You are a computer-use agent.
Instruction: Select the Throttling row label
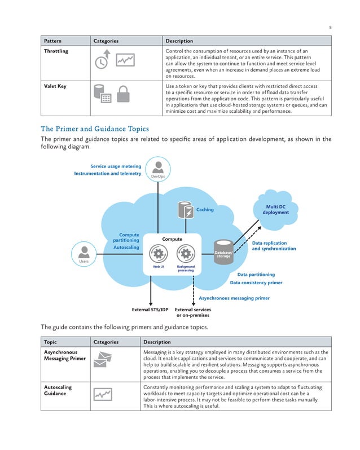56,51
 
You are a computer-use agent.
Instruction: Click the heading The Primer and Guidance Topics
95,129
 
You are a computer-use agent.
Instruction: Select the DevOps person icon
159,167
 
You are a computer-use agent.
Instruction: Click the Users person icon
84,251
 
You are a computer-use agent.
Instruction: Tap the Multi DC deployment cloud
275,209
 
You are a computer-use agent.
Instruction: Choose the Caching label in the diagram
205,210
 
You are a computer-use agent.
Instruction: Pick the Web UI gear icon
159,254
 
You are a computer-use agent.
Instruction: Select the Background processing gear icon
186,254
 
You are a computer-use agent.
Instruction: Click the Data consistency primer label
256,283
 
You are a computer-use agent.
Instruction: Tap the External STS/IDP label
150,310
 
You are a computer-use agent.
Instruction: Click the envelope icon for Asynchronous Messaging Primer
103,361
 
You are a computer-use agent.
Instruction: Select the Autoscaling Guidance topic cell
58,391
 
